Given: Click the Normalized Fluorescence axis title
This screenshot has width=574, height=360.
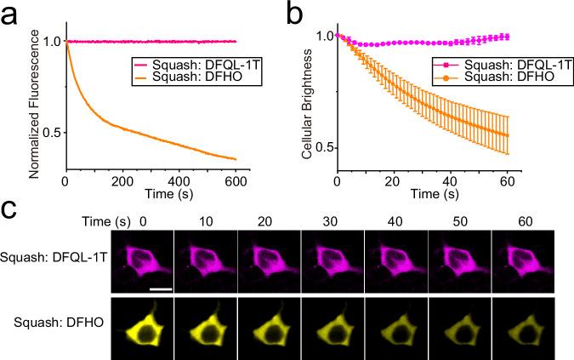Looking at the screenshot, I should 35,90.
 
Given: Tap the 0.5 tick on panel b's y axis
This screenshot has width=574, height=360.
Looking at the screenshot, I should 322,147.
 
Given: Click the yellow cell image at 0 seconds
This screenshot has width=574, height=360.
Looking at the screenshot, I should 142,328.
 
